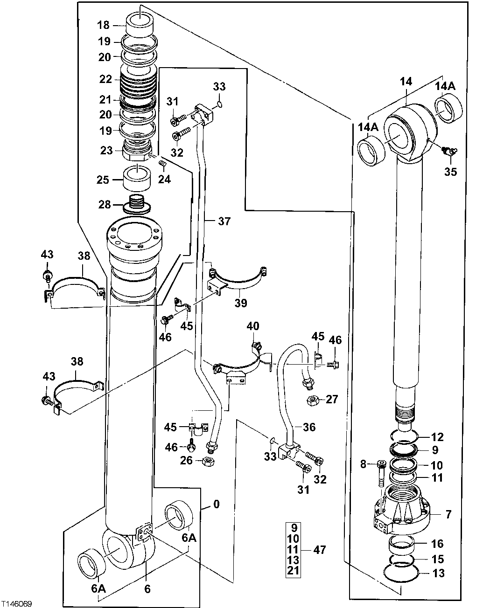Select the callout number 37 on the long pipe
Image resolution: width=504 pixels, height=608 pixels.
point(224,221)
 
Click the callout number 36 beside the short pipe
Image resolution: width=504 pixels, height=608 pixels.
point(309,427)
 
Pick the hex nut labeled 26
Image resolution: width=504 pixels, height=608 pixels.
point(210,461)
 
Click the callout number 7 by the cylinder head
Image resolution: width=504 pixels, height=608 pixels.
point(448,515)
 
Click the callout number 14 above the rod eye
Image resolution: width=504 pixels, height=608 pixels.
point(406,82)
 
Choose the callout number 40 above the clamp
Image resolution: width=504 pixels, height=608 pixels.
point(253,326)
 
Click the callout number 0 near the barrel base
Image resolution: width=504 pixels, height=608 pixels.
point(216,504)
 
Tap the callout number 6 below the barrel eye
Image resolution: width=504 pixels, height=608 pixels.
point(147,589)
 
